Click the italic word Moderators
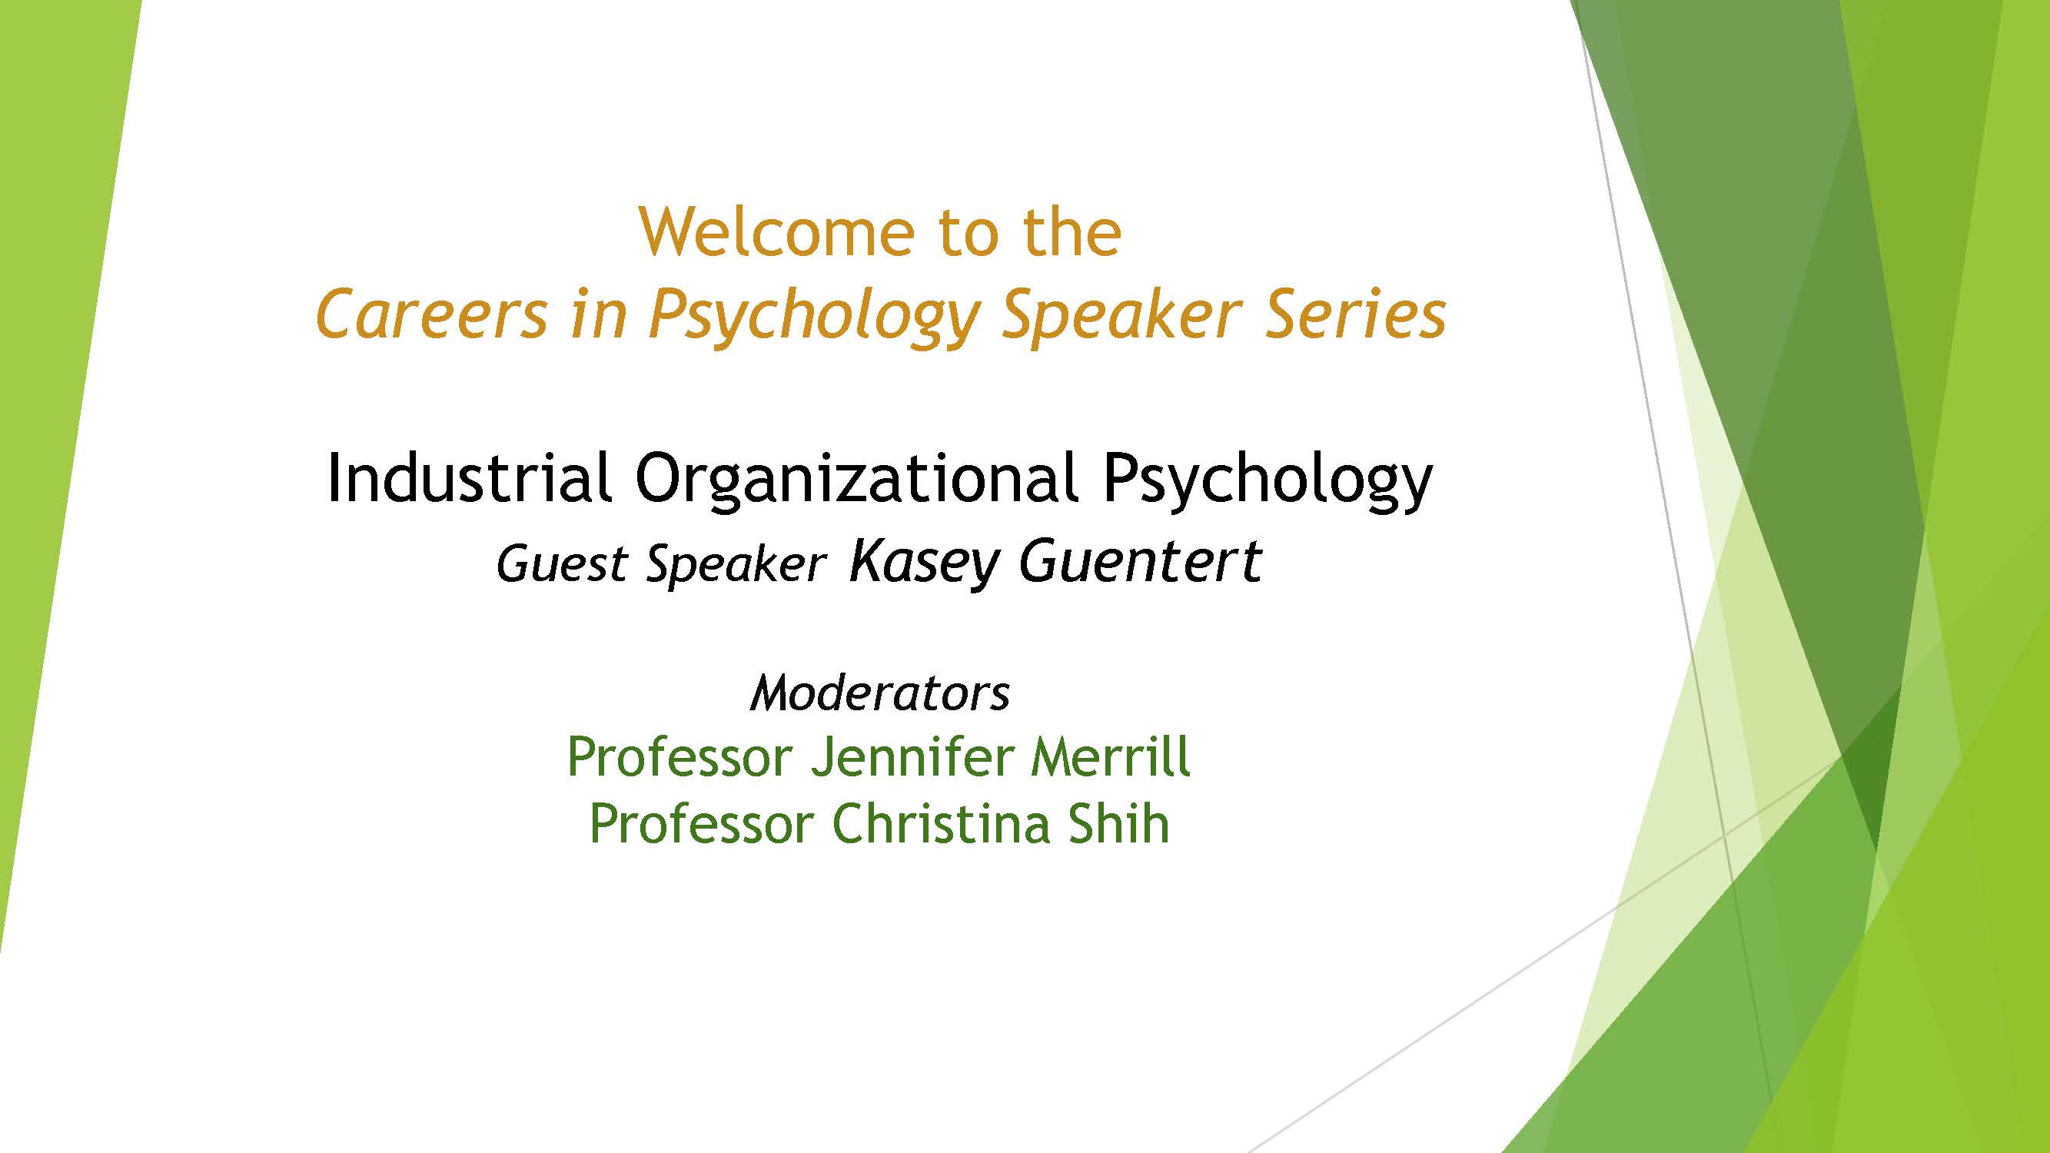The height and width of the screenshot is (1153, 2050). click(x=880, y=693)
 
